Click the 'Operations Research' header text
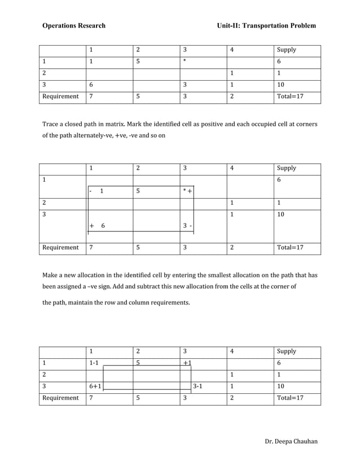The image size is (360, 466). pyautogui.click(x=73, y=26)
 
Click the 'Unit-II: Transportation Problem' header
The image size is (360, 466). pyautogui.click(x=266, y=26)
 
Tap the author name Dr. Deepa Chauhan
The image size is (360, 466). pyautogui.click(x=291, y=441)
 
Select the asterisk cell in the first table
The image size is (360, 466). pyautogui.click(x=184, y=61)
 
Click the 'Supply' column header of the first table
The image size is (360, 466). pyautogui.click(x=287, y=50)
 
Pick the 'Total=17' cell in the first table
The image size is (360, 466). pyautogui.click(x=291, y=96)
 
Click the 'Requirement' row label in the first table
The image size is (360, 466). pyautogui.click(x=60, y=96)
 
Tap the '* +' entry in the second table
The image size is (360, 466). pyautogui.click(x=187, y=191)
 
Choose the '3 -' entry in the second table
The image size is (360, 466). pyautogui.click(x=188, y=226)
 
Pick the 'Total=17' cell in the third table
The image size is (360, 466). pyautogui.click(x=291, y=398)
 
